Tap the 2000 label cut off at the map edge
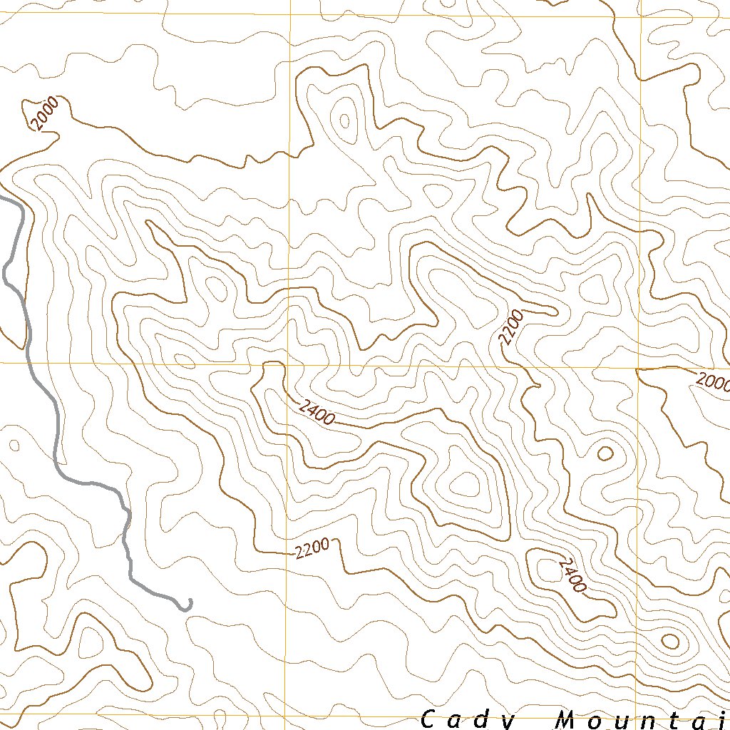(x=713, y=383)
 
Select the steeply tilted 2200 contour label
(x=511, y=328)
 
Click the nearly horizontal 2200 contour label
(x=312, y=548)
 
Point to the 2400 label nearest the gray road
(x=317, y=413)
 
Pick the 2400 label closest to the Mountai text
(x=572, y=575)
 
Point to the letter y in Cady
(x=504, y=720)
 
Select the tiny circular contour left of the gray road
(x=13, y=446)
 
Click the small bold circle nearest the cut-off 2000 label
(x=605, y=453)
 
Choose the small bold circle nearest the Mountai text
(x=669, y=641)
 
